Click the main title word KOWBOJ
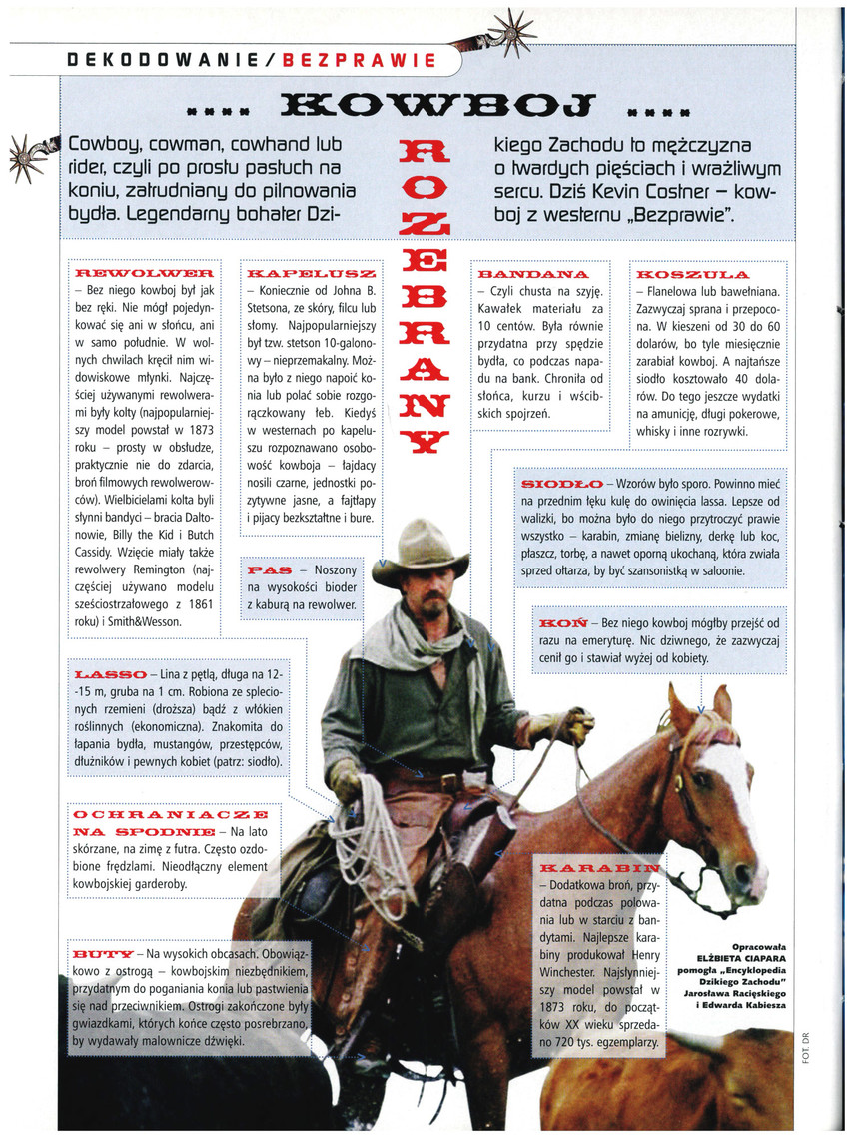coord(427,104)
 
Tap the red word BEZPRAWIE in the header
coord(360,59)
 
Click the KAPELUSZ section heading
coord(311,272)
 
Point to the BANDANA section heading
coord(533,273)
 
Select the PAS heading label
coord(269,569)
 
